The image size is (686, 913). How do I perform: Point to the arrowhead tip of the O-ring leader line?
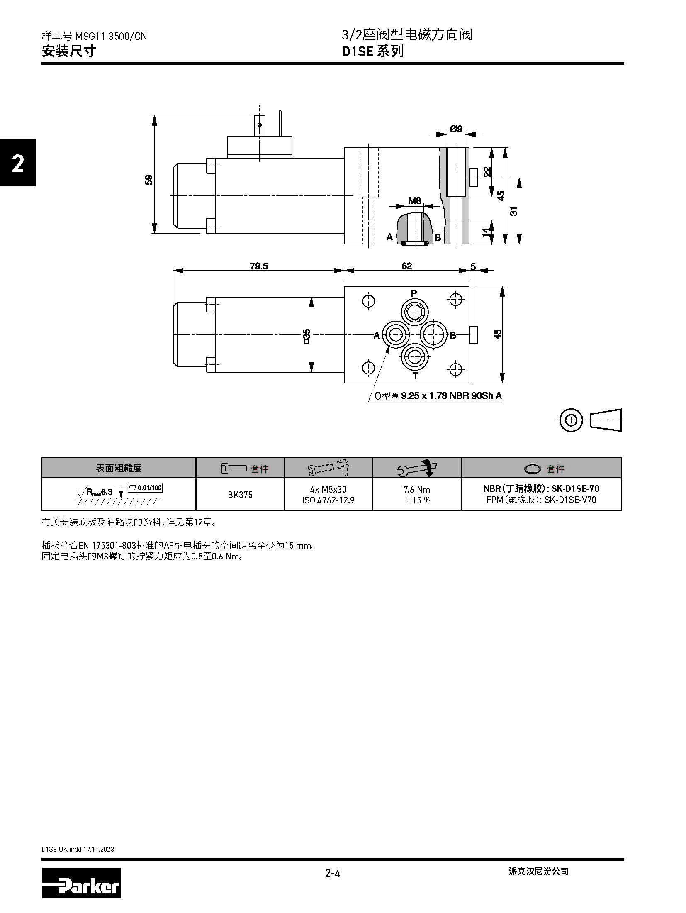point(389,346)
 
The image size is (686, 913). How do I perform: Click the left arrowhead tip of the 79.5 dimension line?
point(173,271)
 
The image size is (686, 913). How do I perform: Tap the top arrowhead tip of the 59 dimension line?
point(155,115)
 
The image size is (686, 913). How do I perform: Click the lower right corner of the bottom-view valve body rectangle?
point(469,383)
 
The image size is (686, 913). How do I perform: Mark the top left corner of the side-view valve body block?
point(344,147)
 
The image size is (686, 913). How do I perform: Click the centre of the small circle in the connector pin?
point(260,125)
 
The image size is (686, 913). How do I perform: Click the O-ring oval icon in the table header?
point(533,469)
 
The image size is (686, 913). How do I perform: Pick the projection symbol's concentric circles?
point(571,420)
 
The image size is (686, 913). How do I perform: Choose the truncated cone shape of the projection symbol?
point(606,420)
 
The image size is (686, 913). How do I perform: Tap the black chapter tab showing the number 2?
point(18,162)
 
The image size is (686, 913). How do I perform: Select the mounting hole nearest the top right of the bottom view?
point(455,300)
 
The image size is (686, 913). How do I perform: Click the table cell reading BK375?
point(240,494)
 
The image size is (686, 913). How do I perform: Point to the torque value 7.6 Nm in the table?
point(417,489)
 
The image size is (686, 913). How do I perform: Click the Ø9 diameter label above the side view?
point(456,129)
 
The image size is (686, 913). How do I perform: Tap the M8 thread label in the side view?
point(415,201)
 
